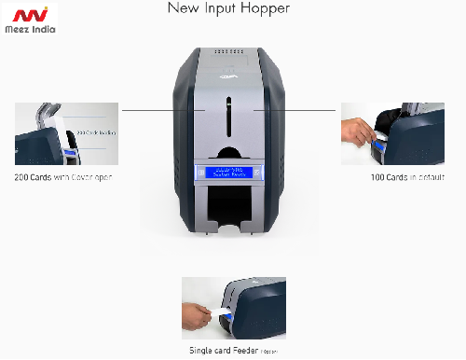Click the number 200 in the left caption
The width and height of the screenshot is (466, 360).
[x=24, y=177]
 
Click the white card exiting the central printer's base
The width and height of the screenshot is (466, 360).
[x=229, y=228]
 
